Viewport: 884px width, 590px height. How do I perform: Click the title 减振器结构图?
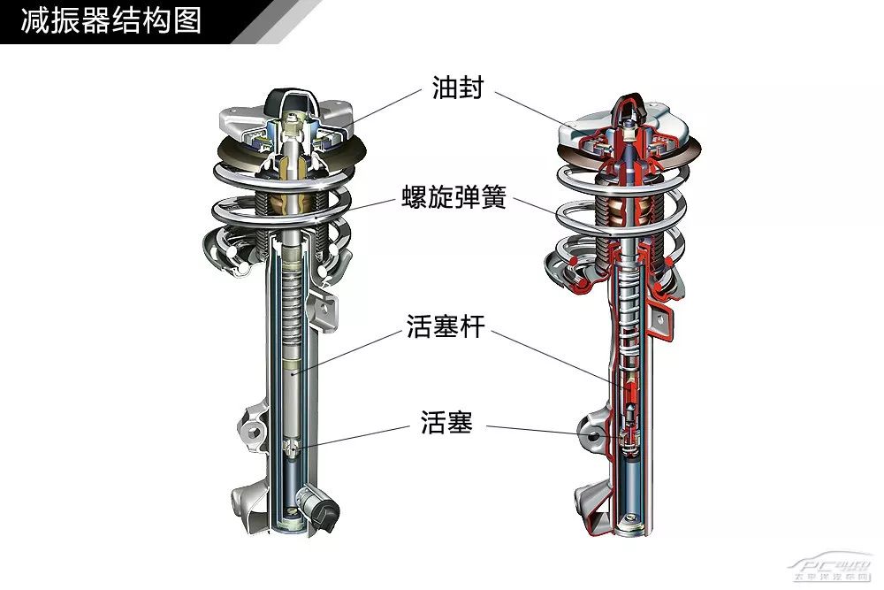point(111,20)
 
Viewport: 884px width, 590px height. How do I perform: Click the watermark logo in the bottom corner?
point(831,569)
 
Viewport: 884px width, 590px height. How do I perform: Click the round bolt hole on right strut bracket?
point(589,434)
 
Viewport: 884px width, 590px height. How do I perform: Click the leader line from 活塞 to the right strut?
point(549,433)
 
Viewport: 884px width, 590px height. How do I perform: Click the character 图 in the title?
point(187,20)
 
